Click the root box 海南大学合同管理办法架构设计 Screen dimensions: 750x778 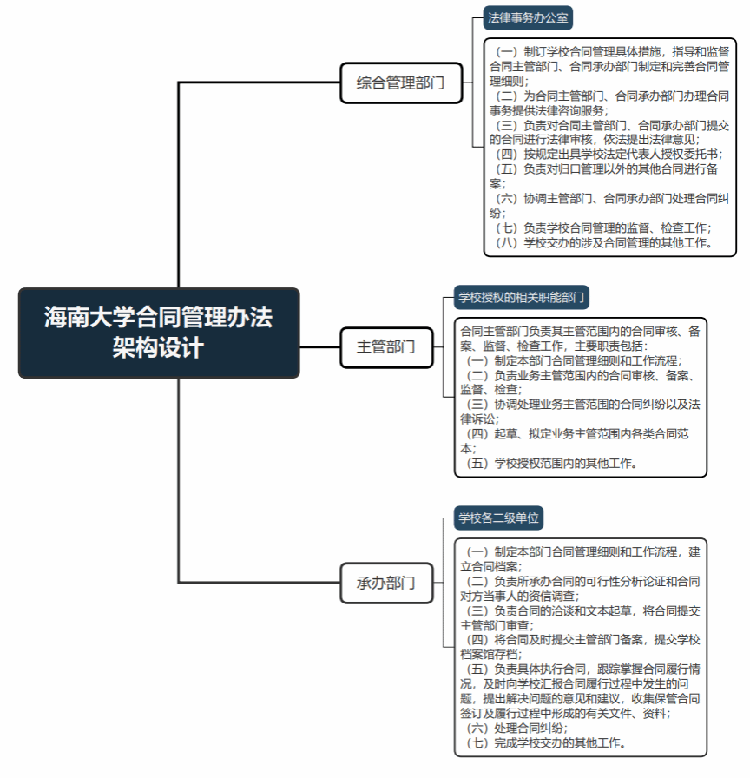point(159,333)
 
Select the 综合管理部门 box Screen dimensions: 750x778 point(401,82)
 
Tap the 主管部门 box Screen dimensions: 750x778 point(386,347)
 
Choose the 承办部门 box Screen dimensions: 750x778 point(386,583)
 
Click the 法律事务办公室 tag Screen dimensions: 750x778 point(528,18)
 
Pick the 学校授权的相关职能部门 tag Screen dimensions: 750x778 point(522,298)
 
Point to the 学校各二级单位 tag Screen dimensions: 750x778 point(498,518)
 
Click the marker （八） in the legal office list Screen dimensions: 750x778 point(506,243)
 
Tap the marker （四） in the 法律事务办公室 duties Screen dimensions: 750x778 point(506,155)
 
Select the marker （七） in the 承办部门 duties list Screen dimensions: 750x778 point(477,743)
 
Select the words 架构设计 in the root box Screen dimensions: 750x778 point(158,348)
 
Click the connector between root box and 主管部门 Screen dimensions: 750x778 point(320,347)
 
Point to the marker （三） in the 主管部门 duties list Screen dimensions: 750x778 point(477,405)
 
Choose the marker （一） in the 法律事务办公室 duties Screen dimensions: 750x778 point(506,52)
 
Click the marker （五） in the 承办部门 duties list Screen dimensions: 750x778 point(477,669)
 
